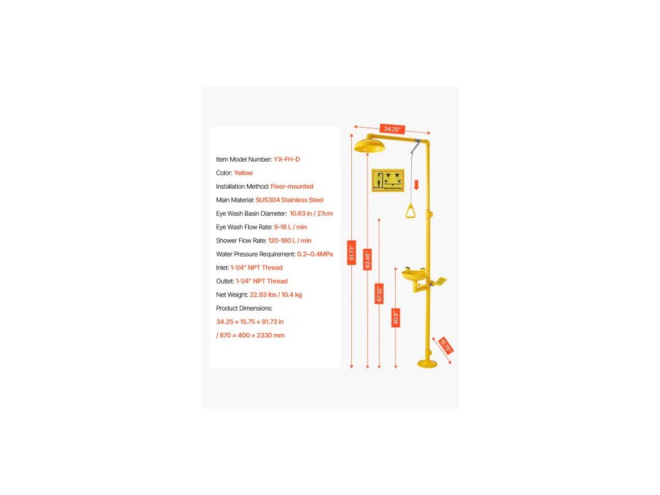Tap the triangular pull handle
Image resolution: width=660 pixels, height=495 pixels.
(410, 211)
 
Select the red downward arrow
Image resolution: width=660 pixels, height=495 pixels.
(416, 186)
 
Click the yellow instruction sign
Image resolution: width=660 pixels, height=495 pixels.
(387, 180)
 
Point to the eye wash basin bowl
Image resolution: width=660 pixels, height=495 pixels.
(415, 277)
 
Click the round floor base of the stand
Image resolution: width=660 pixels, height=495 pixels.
(427, 364)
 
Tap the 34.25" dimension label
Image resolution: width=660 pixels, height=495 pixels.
(392, 129)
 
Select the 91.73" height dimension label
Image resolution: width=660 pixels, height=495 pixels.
(351, 252)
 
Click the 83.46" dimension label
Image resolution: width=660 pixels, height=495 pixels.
(367, 259)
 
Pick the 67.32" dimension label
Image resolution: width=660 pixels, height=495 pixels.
(379, 293)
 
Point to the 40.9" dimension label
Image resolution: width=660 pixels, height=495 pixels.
(396, 317)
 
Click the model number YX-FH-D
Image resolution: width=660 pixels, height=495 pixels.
(287, 159)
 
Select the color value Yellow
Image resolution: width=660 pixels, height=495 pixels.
(244, 173)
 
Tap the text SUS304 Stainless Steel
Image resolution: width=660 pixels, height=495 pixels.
(289, 200)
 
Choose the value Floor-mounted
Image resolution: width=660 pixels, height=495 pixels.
(292, 186)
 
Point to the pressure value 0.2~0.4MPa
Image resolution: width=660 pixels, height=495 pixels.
(315, 254)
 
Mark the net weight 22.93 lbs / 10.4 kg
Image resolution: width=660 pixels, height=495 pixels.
(276, 295)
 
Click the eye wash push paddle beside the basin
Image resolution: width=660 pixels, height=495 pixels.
(438, 280)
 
